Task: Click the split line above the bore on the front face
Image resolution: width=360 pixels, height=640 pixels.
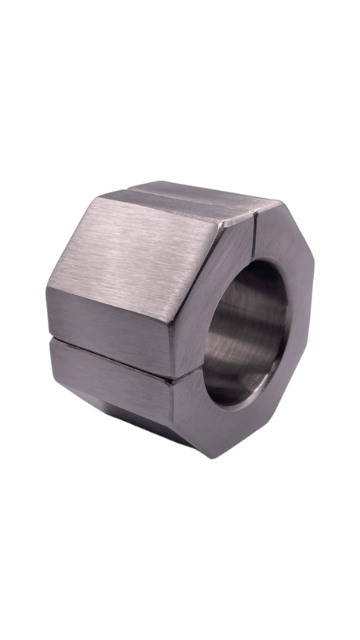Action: pos(257,243)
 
